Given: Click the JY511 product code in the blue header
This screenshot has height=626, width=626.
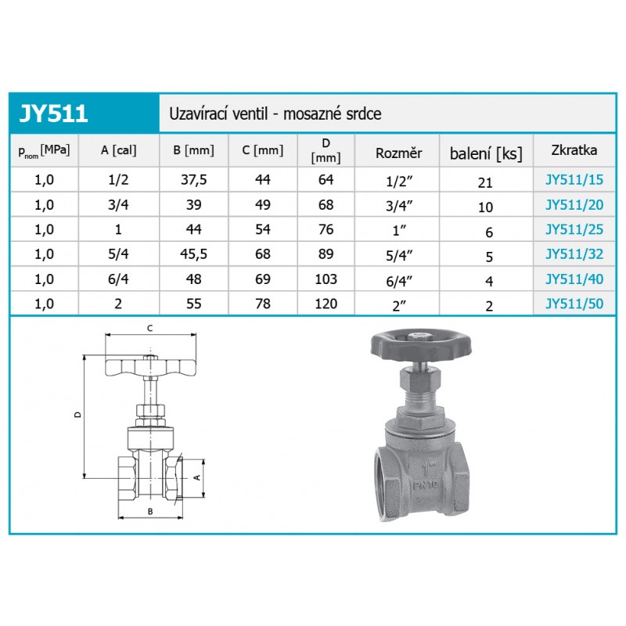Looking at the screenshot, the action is click(x=53, y=113).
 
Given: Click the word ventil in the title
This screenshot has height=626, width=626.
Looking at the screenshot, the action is click(x=250, y=113).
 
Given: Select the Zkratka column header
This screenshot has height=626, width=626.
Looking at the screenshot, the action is click(x=574, y=150).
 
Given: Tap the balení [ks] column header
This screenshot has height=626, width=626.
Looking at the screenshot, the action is click(x=486, y=153).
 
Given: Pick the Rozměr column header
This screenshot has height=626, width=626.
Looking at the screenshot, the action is click(x=398, y=153).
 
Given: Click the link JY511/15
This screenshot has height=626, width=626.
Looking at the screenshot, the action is click(x=574, y=180).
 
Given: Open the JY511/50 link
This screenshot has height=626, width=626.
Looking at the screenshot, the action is click(x=574, y=304).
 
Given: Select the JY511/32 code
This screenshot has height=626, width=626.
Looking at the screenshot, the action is click(x=574, y=254).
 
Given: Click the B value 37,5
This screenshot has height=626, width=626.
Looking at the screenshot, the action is click(x=193, y=180).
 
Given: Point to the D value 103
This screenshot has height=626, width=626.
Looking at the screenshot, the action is click(x=326, y=279).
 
